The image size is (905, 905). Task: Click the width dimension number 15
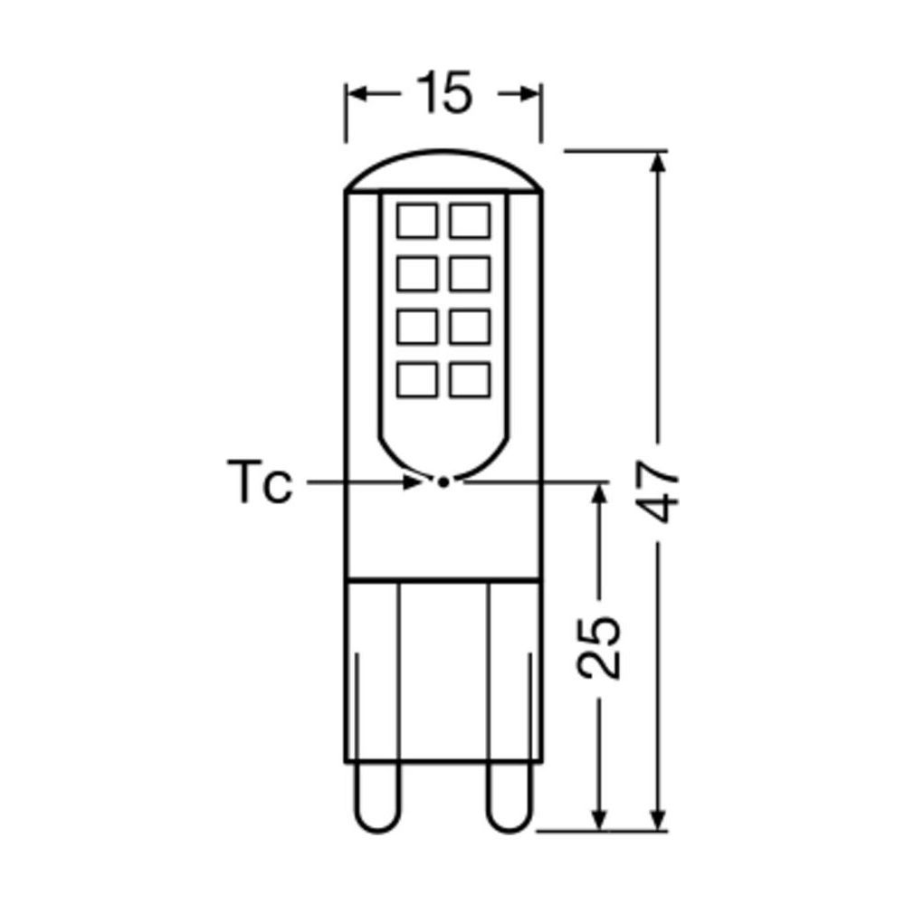(x=443, y=93)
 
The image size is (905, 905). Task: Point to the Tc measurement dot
(x=443, y=482)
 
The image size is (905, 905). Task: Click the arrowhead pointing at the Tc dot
(x=415, y=482)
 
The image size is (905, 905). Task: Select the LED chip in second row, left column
(x=416, y=272)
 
